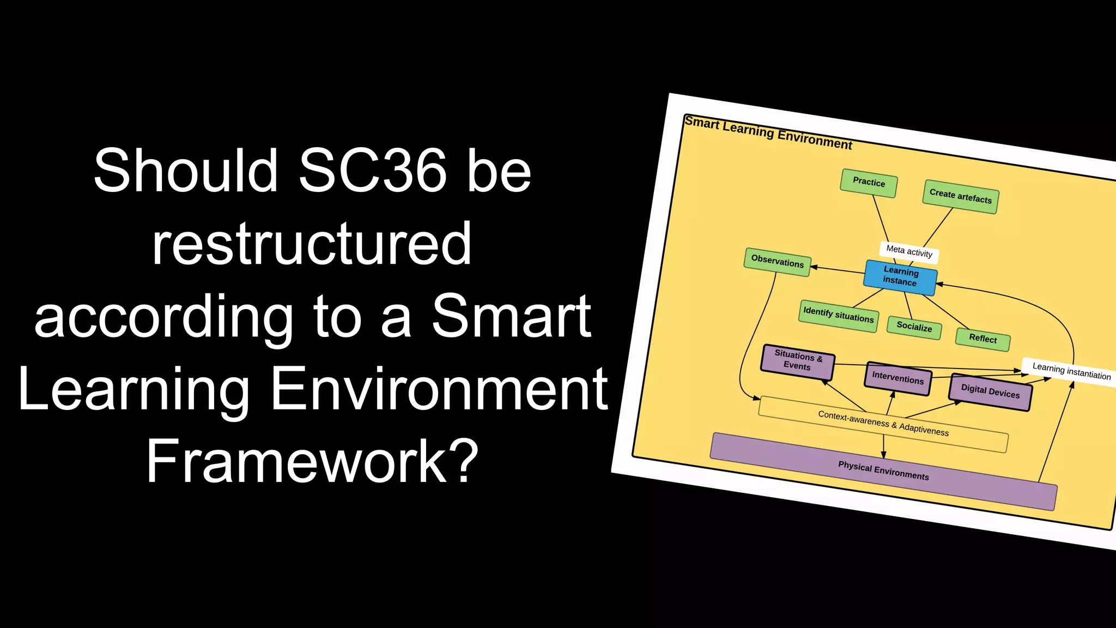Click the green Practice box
tap(869, 183)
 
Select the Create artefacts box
tap(960, 196)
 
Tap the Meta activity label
tap(909, 251)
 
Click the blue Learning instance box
tap(900, 276)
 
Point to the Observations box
tap(777, 262)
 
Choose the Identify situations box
tap(838, 315)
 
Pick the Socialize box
tap(914, 327)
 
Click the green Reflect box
tap(982, 339)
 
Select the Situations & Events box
tap(797, 361)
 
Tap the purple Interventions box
tap(897, 378)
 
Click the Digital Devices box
tap(990, 391)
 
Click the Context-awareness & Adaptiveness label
tap(883, 424)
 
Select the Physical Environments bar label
tap(883, 471)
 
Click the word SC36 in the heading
tap(372, 171)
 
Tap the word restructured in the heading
tap(312, 244)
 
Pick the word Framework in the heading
tap(297, 462)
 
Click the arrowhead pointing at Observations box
tap(814, 267)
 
